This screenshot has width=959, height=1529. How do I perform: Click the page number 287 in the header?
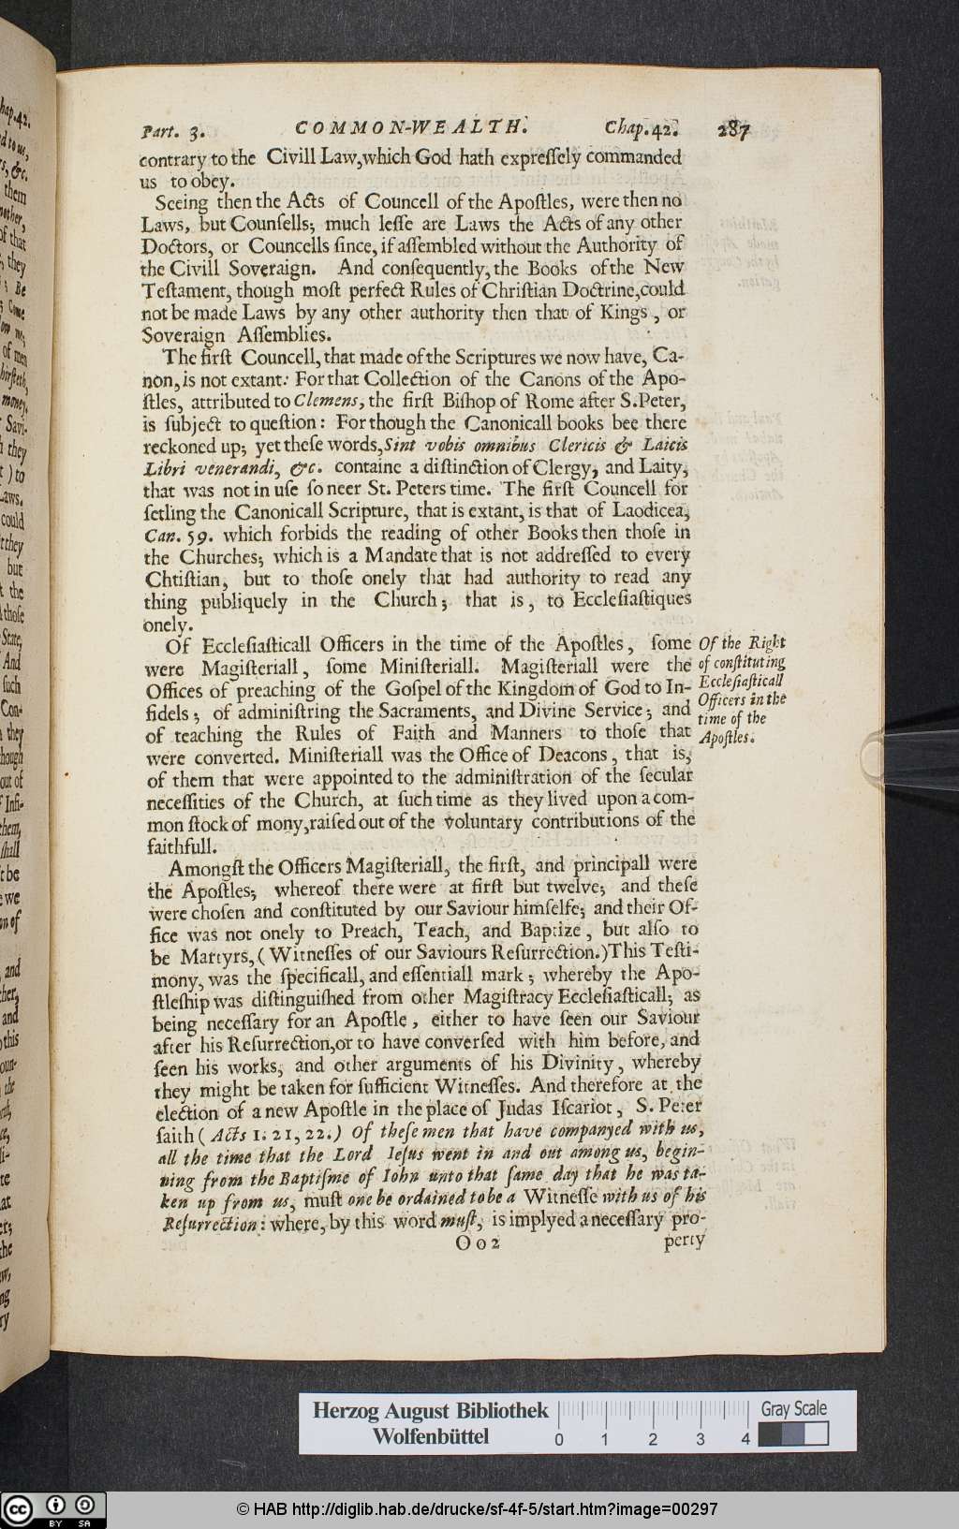pyautogui.click(x=737, y=130)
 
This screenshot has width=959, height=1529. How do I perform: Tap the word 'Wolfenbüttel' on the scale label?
pyautogui.click(x=431, y=1436)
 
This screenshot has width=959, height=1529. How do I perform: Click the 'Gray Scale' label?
pyautogui.click(x=793, y=1408)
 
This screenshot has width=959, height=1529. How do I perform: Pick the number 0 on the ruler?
pyautogui.click(x=559, y=1439)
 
